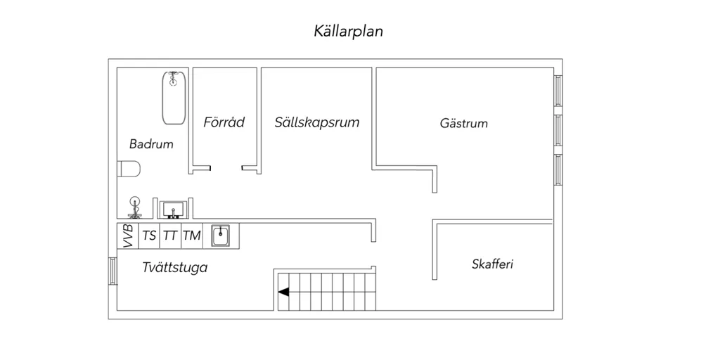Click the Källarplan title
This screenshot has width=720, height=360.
point(349,31)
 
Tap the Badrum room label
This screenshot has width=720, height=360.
point(151,144)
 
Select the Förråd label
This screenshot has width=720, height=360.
point(224,122)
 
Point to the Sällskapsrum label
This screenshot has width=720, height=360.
point(317,122)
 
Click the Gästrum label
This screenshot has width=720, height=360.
point(464,124)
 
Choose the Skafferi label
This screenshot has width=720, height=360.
point(493,264)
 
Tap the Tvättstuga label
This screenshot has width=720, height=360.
point(175,268)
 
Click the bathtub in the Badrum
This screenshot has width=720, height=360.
point(174,98)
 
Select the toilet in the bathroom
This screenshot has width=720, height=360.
point(129,169)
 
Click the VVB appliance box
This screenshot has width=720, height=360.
point(128,236)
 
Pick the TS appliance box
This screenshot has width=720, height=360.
point(149,236)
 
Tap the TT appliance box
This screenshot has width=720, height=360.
point(170,236)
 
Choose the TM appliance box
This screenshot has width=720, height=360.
point(192,236)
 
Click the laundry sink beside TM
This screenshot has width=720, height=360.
point(220,236)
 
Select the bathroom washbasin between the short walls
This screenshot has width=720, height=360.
point(173,210)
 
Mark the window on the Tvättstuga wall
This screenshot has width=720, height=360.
point(113,271)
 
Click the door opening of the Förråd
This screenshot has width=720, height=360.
point(226,168)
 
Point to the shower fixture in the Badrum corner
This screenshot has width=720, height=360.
point(135,207)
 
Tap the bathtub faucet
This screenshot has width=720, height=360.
point(173,79)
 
